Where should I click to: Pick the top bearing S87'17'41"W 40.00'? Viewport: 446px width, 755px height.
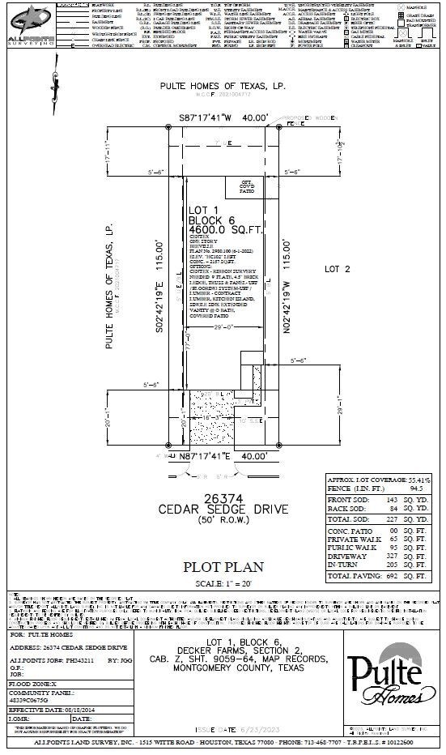click(x=223, y=117)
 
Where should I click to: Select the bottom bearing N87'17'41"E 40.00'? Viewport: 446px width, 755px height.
click(x=223, y=456)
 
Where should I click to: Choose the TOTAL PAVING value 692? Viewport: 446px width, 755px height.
click(x=391, y=577)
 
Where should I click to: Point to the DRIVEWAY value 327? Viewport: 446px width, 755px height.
click(x=391, y=557)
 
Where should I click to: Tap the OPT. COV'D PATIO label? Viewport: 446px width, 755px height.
click(x=247, y=189)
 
